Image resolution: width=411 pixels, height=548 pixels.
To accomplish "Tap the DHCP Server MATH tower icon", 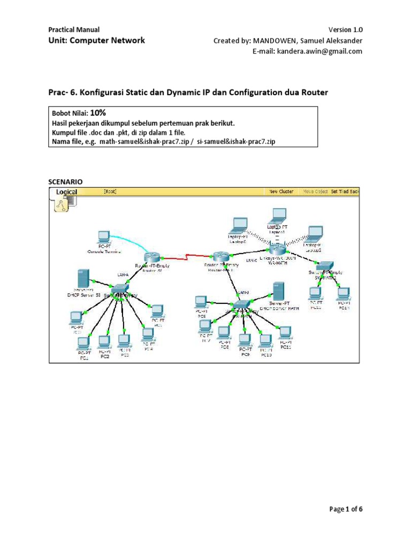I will (278, 291).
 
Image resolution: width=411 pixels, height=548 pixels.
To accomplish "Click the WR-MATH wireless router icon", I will (278, 249).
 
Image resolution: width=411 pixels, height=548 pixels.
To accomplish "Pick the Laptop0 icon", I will (238, 224).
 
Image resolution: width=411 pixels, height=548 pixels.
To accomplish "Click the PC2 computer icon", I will (104, 341).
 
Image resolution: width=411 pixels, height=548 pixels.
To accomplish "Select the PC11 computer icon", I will (285, 331).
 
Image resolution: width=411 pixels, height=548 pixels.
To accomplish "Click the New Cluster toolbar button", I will (281, 192).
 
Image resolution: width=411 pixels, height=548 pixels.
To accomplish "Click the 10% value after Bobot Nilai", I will (98, 113).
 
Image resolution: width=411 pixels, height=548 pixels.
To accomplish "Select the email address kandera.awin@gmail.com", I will (307, 51).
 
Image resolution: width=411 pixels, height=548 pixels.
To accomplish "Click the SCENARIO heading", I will (66, 182).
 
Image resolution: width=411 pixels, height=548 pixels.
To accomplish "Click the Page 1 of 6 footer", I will (346, 509).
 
